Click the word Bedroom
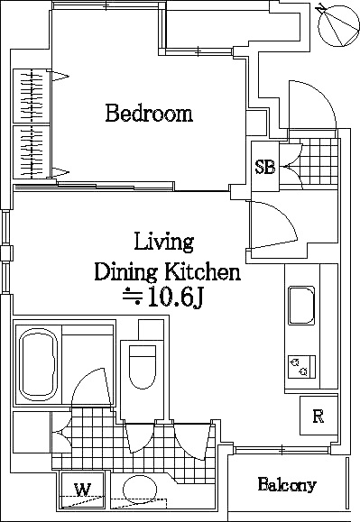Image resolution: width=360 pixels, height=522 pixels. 149,114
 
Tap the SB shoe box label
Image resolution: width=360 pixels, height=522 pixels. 265,167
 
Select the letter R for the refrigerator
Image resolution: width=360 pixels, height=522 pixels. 318,417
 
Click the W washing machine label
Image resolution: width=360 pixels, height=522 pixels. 82,490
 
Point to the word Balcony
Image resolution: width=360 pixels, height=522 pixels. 287,485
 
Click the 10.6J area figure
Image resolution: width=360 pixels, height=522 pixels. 176,297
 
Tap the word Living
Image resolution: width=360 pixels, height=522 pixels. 164,243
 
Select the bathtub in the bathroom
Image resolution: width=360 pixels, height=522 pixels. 38,365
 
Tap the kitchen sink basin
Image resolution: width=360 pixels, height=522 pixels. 301,306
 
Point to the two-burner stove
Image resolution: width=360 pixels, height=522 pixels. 301,367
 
